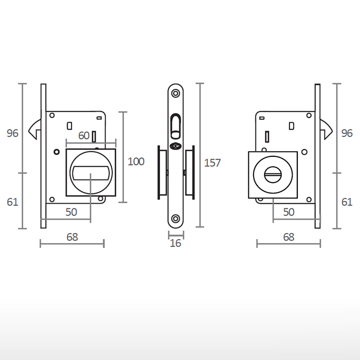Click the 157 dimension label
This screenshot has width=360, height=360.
click(212, 163)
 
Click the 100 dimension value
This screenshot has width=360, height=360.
click(136, 161)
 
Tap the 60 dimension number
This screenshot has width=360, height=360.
click(84, 136)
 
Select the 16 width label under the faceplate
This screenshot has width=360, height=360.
click(175, 243)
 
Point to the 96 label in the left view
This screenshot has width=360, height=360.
click(12, 133)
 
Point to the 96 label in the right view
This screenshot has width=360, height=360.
click(347, 133)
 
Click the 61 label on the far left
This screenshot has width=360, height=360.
click(12, 202)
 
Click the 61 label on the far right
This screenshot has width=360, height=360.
click(347, 202)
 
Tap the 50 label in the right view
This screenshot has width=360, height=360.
click(289, 211)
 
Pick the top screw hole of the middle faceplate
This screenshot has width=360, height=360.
click(176, 94)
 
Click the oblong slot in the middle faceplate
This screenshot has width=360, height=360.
click(175, 125)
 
